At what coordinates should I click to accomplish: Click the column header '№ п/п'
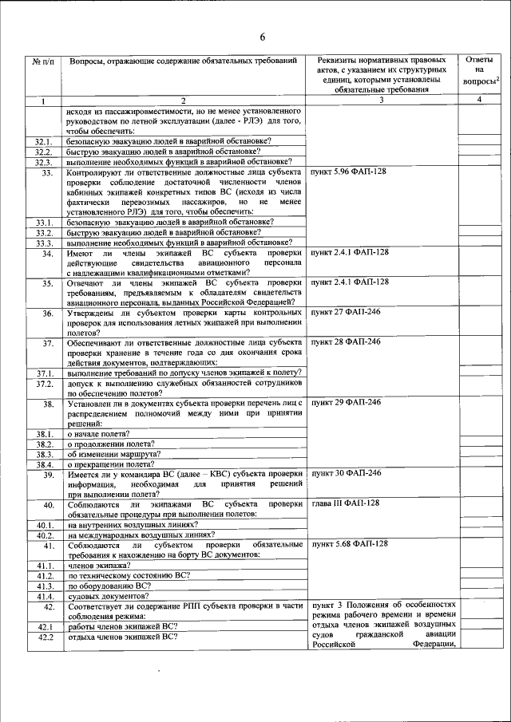[43, 61]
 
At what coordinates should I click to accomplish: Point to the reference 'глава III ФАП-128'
[345, 503]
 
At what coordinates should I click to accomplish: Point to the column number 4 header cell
[478, 100]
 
